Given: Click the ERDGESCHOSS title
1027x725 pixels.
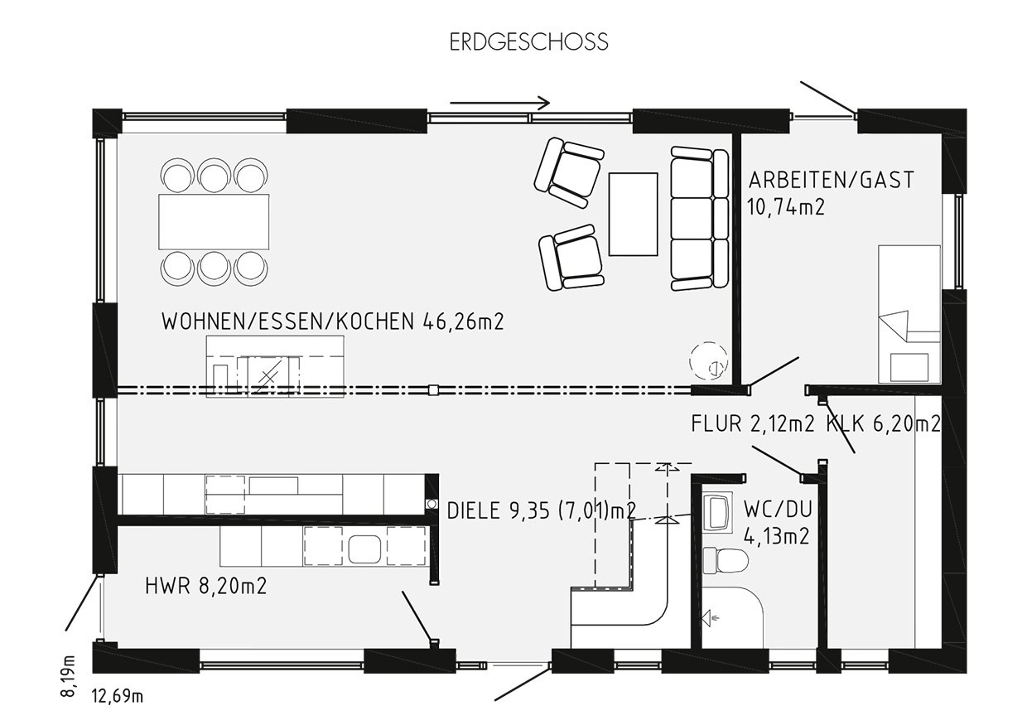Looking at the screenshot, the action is (x=528, y=41).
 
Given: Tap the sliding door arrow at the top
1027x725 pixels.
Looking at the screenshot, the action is (x=499, y=104).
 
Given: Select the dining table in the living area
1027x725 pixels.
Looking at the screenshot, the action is (x=214, y=221).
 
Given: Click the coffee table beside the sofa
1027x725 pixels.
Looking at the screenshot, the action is (x=633, y=214).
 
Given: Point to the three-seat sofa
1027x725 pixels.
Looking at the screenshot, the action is (x=700, y=218).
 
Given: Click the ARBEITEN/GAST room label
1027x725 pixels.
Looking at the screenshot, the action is (x=832, y=181).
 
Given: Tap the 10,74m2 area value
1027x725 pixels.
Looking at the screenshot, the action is (x=786, y=207).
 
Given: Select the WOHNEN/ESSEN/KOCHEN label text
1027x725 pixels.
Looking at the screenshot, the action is (x=288, y=322).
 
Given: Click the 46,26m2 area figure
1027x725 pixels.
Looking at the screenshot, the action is (x=463, y=322).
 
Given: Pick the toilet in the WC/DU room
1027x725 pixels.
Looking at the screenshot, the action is (x=725, y=560).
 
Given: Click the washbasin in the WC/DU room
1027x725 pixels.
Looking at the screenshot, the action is (x=718, y=513).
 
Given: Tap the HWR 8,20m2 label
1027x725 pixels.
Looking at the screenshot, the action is (x=206, y=587).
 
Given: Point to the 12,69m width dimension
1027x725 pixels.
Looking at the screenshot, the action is (x=118, y=696).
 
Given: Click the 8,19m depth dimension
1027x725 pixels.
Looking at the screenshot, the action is (x=68, y=676).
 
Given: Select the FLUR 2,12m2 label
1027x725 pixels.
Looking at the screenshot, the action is (x=753, y=423).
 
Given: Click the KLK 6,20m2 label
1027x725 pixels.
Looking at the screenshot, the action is (x=884, y=423).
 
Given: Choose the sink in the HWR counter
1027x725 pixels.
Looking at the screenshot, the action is (x=364, y=549).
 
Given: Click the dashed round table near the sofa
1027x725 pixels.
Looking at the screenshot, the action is (x=709, y=361).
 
